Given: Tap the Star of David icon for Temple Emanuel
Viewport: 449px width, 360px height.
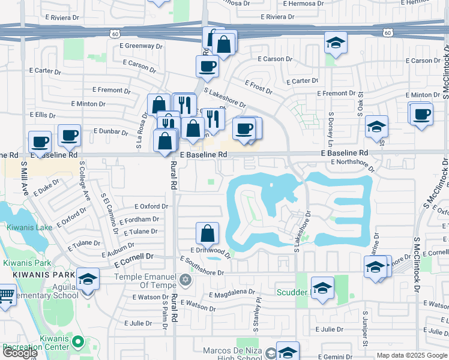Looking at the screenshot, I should click(x=185, y=280).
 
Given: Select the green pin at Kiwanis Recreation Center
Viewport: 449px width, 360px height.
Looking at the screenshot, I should click(x=77, y=342).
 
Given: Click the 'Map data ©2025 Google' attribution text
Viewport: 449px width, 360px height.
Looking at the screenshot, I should click(x=412, y=355).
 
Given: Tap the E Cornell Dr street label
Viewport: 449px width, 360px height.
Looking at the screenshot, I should click(x=133, y=256).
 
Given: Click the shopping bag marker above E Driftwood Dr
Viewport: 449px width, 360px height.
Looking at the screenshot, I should click(x=207, y=234).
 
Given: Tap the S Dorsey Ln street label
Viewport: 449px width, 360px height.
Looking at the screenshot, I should click(x=330, y=128).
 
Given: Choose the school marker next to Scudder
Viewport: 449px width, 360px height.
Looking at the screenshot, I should click(x=322, y=289).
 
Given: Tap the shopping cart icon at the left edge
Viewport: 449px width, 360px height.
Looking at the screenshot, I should click(x=6, y=296).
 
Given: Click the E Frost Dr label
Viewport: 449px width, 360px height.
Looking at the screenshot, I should click(x=258, y=87).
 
